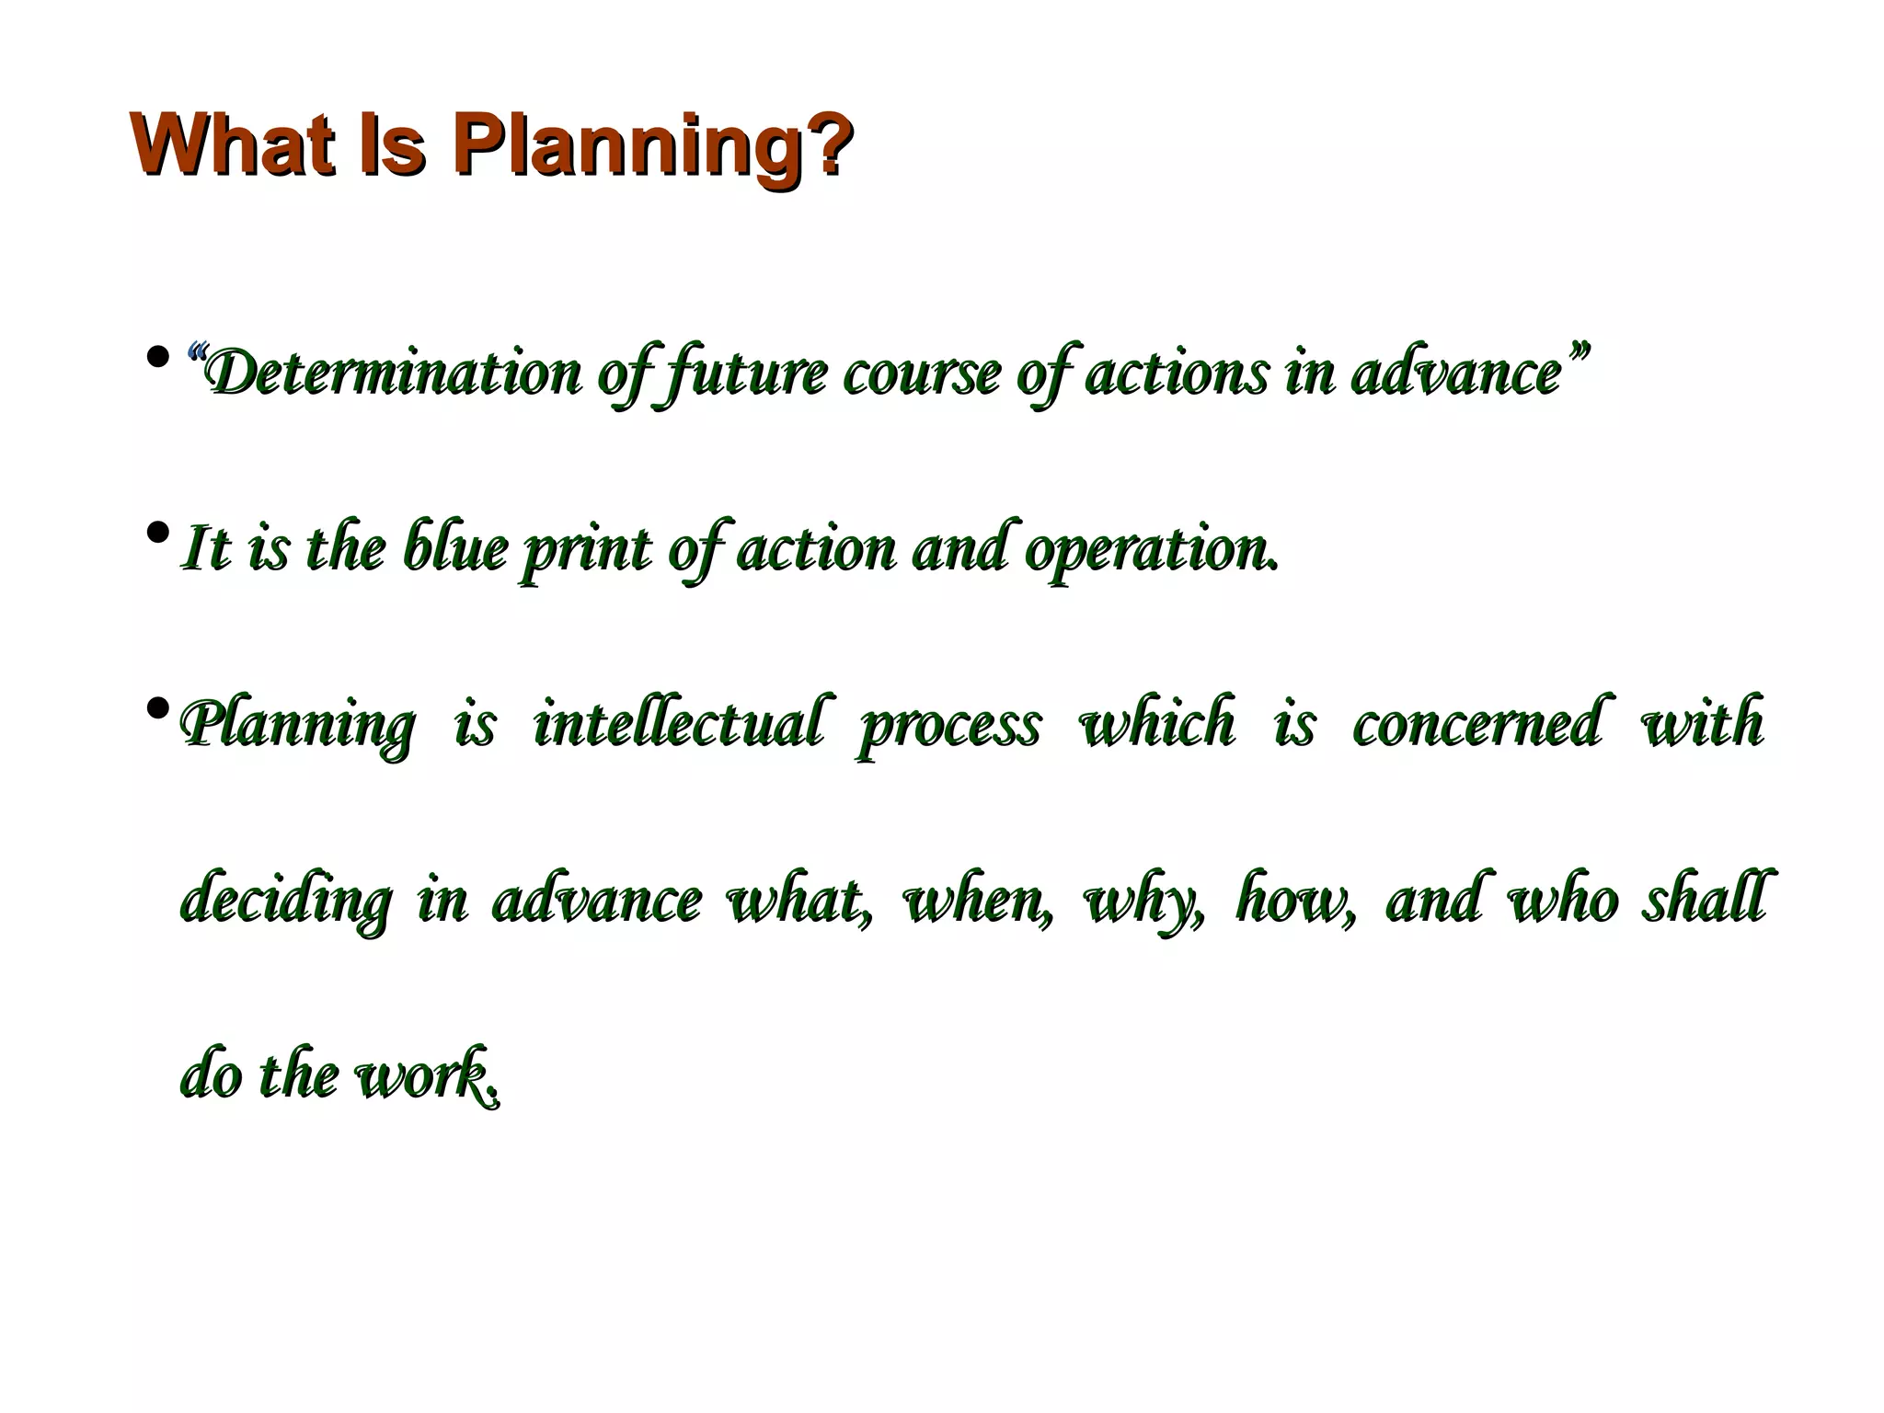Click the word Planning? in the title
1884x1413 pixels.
(651, 145)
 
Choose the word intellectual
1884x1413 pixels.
(679, 724)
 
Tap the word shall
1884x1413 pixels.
(1704, 898)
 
